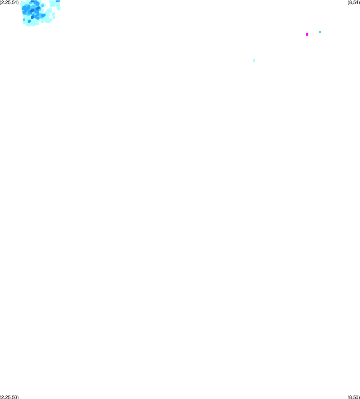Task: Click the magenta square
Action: tap(307, 34)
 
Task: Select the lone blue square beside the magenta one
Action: tap(320, 32)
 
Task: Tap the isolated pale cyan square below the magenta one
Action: tap(254, 60)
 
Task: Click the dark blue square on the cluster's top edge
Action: tap(32, 1)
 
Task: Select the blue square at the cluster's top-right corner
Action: tap(58, 1)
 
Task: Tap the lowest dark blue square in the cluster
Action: tap(32, 17)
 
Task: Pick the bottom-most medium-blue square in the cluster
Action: tap(29, 21)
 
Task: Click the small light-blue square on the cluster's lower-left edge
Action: tap(24, 20)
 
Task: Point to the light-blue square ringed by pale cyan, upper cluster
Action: tap(42, 5)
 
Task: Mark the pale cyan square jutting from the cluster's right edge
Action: tap(59, 9)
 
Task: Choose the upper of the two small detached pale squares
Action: tap(54, 14)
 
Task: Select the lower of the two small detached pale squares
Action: tap(54, 18)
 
